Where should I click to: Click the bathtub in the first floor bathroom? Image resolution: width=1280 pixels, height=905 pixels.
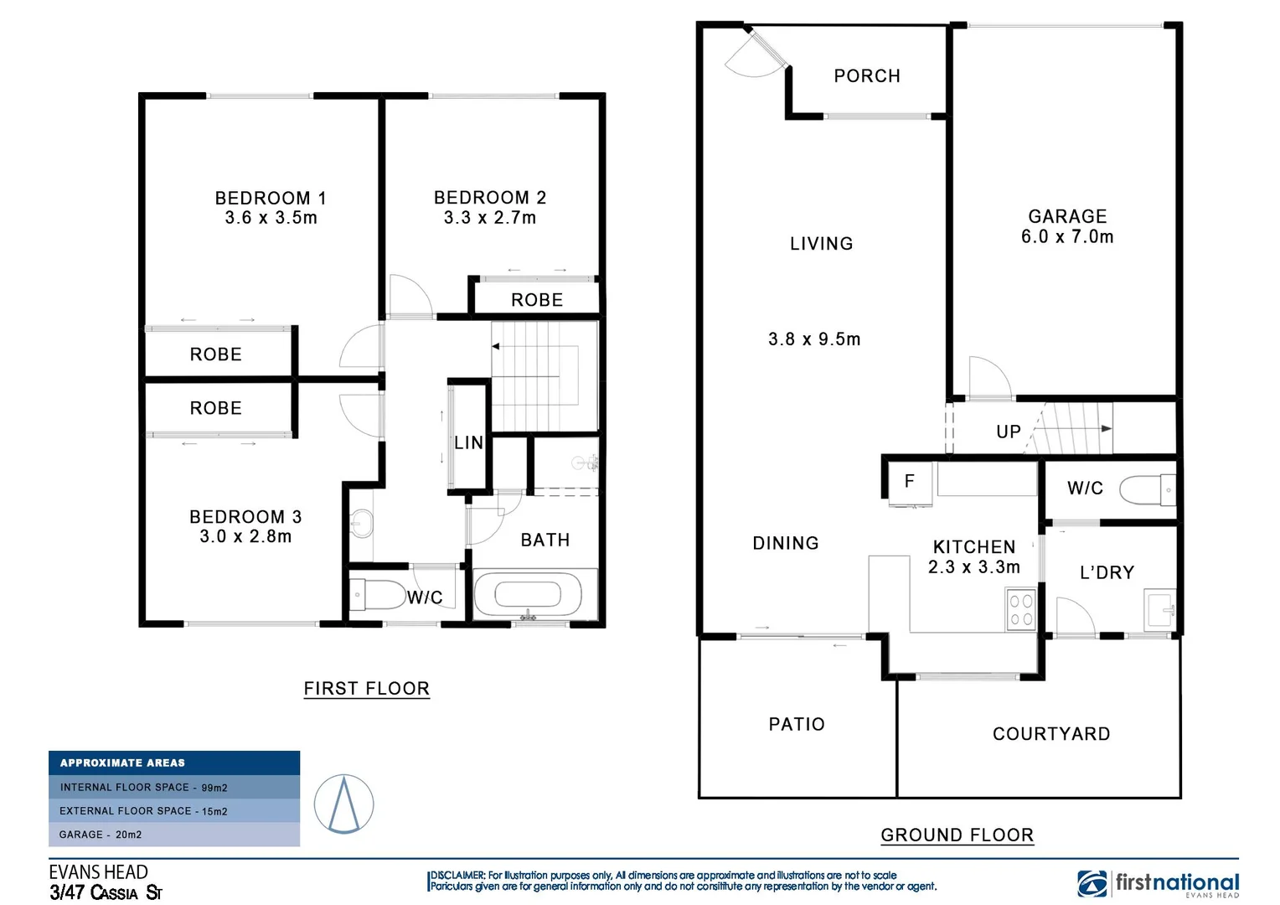pyautogui.click(x=528, y=595)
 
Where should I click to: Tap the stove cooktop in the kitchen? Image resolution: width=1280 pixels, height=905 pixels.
pyautogui.click(x=1021, y=609)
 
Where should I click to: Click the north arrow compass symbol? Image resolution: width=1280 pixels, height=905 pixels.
pyautogui.click(x=343, y=804)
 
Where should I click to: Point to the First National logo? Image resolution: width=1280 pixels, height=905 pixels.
pyautogui.click(x=1158, y=884)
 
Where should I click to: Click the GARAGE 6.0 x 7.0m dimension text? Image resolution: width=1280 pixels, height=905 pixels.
pyautogui.click(x=1067, y=236)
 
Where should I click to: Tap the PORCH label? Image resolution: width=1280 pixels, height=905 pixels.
pyautogui.click(x=867, y=76)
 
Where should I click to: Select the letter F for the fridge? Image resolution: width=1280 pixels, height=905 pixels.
pyautogui.click(x=909, y=481)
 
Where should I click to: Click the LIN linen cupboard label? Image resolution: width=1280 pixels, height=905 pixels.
pyautogui.click(x=468, y=442)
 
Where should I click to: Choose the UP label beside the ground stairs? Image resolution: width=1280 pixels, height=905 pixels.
pyautogui.click(x=1009, y=432)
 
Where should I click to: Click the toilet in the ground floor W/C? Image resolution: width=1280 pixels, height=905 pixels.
pyautogui.click(x=1147, y=489)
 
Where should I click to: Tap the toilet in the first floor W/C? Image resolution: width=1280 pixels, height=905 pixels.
pyautogui.click(x=378, y=595)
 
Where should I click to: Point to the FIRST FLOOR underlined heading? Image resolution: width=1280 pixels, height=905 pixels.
pyautogui.click(x=367, y=689)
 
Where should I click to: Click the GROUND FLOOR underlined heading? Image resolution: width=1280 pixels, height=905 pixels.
pyautogui.click(x=957, y=835)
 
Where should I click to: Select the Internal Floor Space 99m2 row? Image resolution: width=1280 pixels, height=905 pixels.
pyautogui.click(x=174, y=787)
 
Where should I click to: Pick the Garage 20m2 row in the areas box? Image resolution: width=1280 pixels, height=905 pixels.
pyautogui.click(x=174, y=835)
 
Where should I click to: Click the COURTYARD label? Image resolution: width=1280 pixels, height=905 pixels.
pyautogui.click(x=1051, y=734)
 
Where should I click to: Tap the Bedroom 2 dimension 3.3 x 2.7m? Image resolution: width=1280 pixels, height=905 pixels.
pyautogui.click(x=490, y=218)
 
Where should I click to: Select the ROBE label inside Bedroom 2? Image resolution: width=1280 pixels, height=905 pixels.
pyautogui.click(x=537, y=300)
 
